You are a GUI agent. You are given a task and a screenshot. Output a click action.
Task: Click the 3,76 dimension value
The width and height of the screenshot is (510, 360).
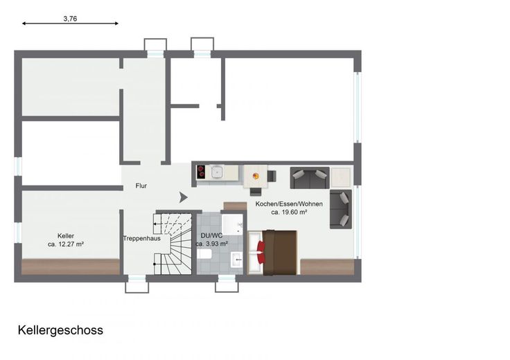pyautogui.click(x=70, y=19)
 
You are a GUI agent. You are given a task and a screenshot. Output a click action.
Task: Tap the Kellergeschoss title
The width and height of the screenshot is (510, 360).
pyautogui.click(x=60, y=330)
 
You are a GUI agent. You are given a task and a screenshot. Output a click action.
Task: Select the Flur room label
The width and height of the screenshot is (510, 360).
pyautogui.click(x=141, y=186)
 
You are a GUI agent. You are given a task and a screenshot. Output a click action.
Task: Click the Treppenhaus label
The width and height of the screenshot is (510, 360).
pyautogui.click(x=142, y=238)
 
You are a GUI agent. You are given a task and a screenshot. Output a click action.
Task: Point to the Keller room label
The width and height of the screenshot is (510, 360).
pyautogui.click(x=66, y=236)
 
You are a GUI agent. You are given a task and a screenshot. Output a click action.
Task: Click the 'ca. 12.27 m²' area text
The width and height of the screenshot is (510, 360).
pyautogui.click(x=66, y=244)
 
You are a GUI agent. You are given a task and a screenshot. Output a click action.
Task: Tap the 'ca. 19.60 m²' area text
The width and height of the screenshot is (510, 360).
pyautogui.click(x=289, y=212)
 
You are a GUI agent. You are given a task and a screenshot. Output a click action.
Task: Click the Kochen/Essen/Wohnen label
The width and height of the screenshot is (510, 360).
pyautogui.click(x=289, y=204)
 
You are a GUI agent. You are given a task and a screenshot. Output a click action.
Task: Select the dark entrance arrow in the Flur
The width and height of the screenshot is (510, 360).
pyautogui.click(x=183, y=197)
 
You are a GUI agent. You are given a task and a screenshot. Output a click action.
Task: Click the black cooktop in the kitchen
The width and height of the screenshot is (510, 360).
pyautogui.click(x=201, y=172)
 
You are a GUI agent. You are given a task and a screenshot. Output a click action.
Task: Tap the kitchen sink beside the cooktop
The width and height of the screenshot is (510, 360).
pyautogui.click(x=217, y=172)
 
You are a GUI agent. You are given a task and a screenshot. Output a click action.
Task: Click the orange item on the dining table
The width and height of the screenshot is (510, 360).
pyautogui.click(x=256, y=176)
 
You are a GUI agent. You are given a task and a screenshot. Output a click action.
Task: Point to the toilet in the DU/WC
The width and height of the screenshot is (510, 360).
pyautogui.click(x=204, y=254)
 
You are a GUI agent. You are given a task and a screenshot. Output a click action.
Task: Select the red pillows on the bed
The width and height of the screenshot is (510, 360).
pyautogui.click(x=261, y=253)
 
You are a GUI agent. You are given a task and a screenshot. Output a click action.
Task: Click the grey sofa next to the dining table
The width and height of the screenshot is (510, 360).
pyautogui.click(x=310, y=178)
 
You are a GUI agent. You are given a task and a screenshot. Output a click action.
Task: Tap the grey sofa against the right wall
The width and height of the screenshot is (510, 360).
pyautogui.click(x=341, y=209)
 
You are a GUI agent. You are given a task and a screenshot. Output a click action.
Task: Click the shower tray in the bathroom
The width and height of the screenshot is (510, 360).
pyautogui.click(x=232, y=224)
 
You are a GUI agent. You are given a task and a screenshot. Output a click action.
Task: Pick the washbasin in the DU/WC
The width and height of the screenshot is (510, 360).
pyautogui.click(x=236, y=260)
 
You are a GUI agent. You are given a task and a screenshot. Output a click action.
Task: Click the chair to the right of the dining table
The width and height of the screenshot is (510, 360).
pyautogui.click(x=272, y=176)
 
